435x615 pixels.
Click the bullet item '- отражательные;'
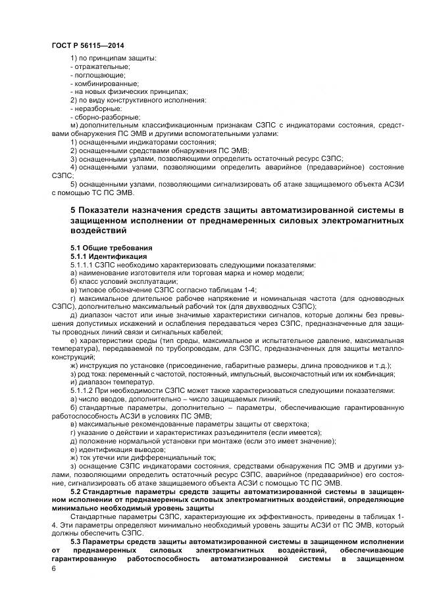click(x=99, y=68)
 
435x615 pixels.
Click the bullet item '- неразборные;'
click(x=96, y=108)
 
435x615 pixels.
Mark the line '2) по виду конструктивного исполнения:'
click(x=138, y=100)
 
